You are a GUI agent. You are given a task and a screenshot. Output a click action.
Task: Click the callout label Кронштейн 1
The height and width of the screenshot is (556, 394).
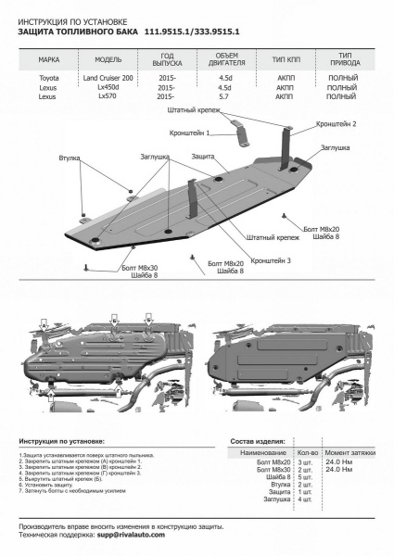tap(203, 133)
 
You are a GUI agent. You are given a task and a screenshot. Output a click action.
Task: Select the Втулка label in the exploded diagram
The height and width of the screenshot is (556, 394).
tap(69, 158)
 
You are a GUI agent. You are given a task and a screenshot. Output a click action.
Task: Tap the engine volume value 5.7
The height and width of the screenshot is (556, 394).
tap(224, 96)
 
